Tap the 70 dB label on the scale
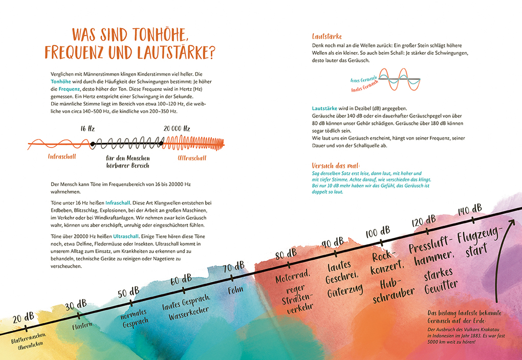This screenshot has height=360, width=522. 233,267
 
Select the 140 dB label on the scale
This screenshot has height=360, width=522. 469,209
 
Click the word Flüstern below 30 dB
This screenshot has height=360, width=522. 82,326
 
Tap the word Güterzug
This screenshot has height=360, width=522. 345,291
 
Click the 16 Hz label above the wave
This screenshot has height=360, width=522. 87,129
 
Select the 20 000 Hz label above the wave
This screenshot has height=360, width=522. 177,129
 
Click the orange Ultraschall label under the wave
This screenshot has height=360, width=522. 192,158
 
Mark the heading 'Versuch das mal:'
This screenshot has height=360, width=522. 336,166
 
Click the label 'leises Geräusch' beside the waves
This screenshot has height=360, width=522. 363,80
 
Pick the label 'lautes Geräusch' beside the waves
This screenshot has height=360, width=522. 364,88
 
